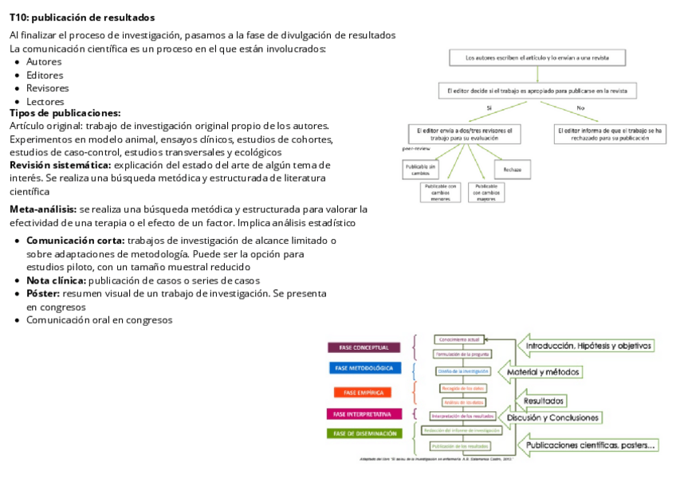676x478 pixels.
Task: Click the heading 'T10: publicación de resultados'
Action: coord(82,18)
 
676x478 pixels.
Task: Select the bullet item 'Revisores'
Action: coord(47,88)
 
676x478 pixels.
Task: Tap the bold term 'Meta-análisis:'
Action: coord(43,209)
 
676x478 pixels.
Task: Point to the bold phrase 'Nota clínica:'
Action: coord(56,280)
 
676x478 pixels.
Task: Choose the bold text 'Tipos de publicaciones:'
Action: coord(65,114)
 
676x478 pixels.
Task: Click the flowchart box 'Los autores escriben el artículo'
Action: coord(539,57)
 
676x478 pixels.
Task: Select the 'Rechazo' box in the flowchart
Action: coord(512,169)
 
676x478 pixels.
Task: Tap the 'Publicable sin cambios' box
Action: coord(420,169)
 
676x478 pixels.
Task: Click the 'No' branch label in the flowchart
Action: coord(580,108)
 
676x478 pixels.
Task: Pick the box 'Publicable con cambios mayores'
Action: coord(486,191)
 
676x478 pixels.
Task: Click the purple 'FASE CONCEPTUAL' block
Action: coord(364,347)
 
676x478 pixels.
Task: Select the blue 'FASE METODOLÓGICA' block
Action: coord(364,368)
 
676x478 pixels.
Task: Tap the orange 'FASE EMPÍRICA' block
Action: coord(364,392)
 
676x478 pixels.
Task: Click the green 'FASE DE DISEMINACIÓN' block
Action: coord(364,433)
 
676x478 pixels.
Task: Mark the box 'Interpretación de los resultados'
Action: coord(462,416)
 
